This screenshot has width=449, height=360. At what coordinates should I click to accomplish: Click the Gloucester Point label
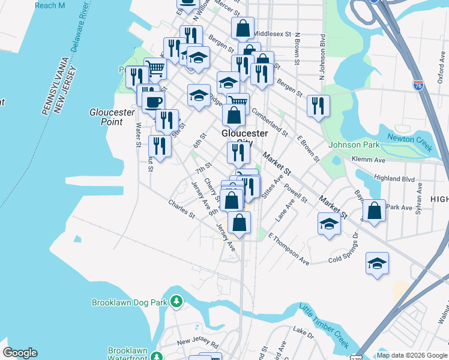[106, 117]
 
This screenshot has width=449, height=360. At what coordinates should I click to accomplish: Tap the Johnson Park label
[354, 145]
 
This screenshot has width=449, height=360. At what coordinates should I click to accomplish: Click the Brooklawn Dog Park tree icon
[176, 301]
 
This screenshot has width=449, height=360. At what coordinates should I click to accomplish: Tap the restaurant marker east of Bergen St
[318, 106]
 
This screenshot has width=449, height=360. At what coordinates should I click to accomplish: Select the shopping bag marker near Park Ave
[374, 211]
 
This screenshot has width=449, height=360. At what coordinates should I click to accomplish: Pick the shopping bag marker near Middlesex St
[242, 28]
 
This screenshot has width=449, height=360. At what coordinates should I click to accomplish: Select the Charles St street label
[181, 209]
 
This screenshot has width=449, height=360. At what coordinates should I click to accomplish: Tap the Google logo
[20, 353]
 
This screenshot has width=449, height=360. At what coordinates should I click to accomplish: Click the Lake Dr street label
[303, 331]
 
